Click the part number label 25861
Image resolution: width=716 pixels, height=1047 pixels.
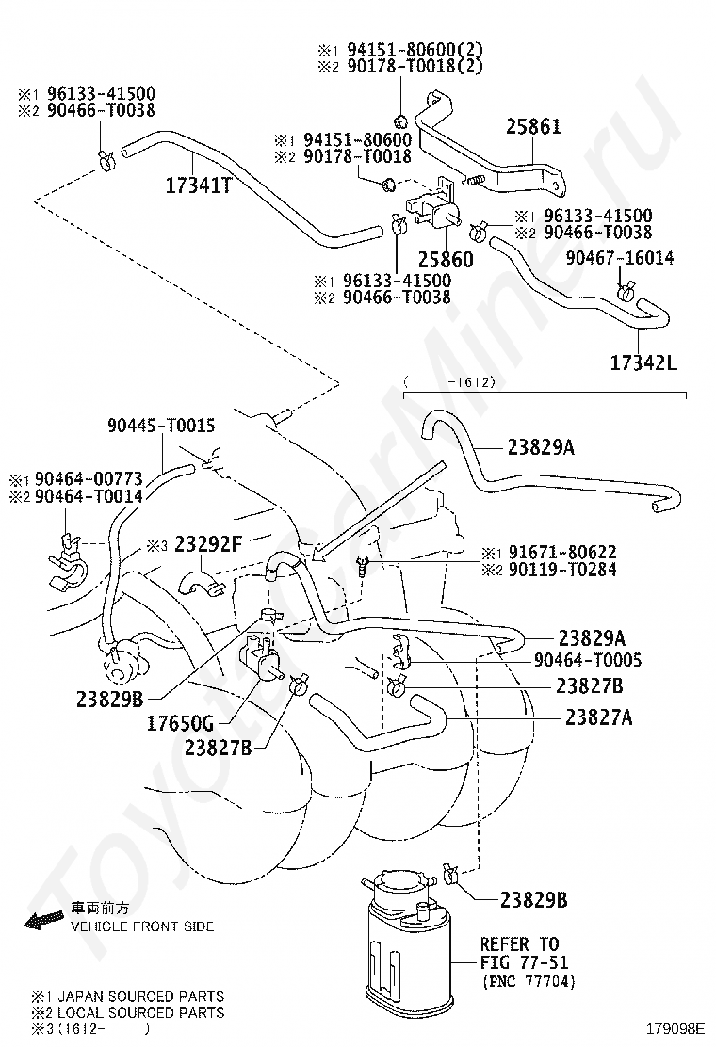point(533,125)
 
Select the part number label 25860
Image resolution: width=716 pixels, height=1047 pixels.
point(446,258)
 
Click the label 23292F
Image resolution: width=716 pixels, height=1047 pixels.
point(205,543)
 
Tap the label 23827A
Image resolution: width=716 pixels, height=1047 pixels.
point(598,717)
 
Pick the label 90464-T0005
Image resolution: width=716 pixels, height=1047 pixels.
point(588,661)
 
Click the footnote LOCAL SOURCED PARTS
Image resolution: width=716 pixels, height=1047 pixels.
point(141,1012)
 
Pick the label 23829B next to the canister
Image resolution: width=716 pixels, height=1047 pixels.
point(533,899)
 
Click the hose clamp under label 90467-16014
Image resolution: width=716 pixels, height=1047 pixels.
point(623,294)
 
